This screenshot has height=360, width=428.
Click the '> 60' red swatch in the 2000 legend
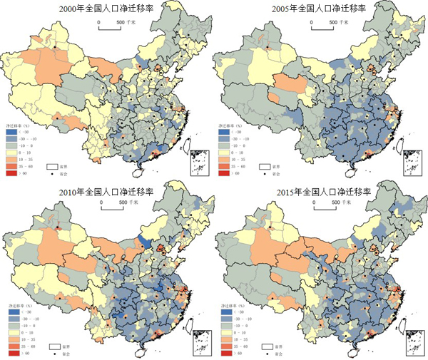point(9,173)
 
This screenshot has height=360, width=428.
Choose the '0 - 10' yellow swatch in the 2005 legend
point(221,153)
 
